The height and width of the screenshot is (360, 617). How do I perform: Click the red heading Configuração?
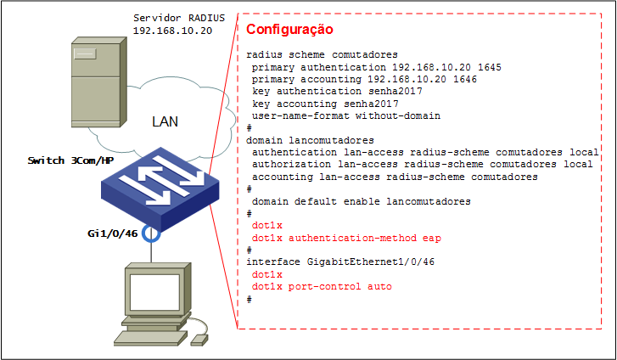[x=289, y=31]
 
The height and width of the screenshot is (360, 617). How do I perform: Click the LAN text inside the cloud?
[x=165, y=121]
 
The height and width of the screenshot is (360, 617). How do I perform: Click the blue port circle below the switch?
[x=152, y=232]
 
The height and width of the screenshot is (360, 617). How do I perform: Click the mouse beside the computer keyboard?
[x=199, y=339]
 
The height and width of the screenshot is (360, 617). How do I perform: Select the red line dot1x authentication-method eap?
[x=346, y=238]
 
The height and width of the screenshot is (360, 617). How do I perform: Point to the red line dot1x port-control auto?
[x=322, y=287]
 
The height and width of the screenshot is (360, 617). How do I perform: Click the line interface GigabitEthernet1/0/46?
[x=340, y=262]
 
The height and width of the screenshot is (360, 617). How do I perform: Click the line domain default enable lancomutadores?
[x=350, y=201]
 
